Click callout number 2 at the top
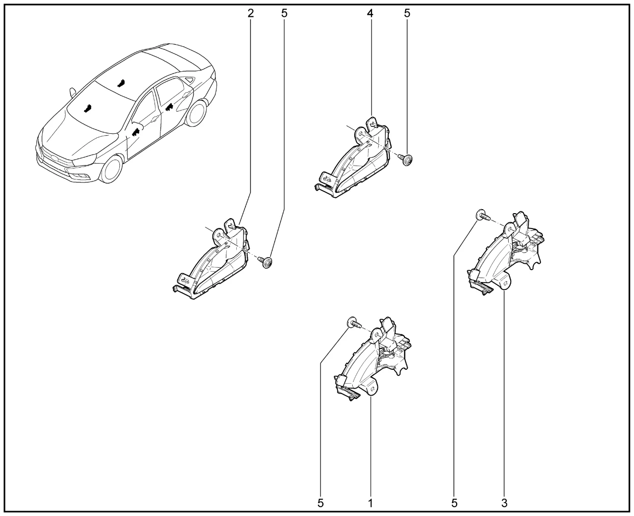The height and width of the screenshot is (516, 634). (x=251, y=13)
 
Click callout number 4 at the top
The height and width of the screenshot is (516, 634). (x=370, y=13)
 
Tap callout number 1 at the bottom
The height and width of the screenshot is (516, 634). (x=370, y=503)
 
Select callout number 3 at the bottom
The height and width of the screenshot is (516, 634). (x=504, y=503)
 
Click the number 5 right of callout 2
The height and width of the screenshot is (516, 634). (x=284, y=13)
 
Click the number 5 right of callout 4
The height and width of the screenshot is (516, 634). (x=407, y=13)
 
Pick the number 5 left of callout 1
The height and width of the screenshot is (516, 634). (x=320, y=503)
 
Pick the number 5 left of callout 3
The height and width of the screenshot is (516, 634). (x=454, y=503)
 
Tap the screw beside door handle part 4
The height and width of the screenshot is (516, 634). (x=406, y=160)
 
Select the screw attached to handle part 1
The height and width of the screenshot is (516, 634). (x=354, y=323)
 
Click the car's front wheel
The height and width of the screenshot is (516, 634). (x=111, y=169)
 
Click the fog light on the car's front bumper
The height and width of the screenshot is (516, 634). (x=82, y=176)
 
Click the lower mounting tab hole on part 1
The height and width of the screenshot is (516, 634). (x=372, y=389)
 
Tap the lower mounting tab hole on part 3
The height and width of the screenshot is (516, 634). (x=506, y=283)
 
